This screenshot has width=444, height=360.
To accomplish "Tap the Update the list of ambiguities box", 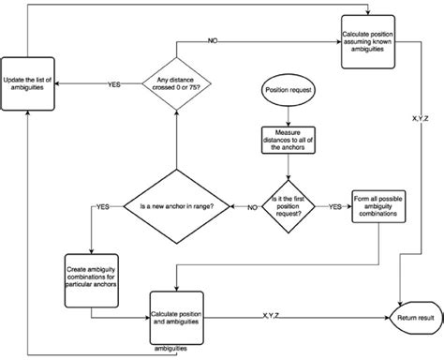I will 29,84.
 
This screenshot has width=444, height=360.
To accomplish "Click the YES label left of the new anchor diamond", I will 102,205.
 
